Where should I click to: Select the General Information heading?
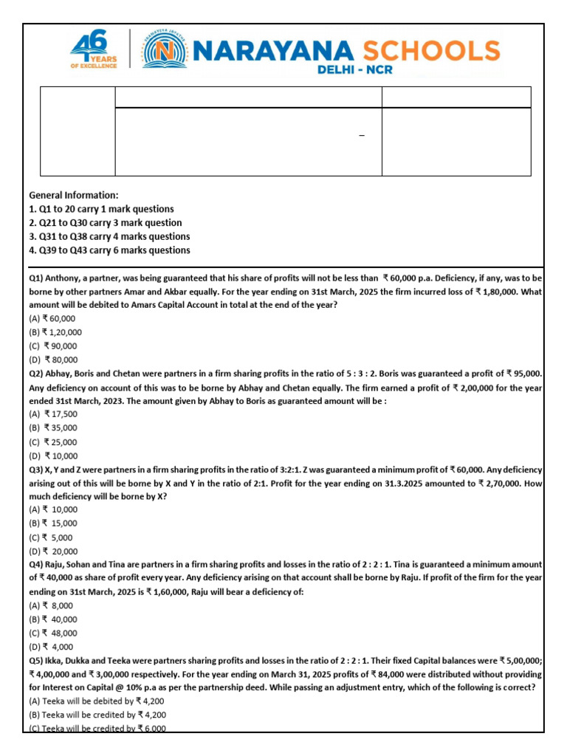pyautogui.click(x=73, y=195)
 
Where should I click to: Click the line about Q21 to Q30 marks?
pyautogui.click(x=105, y=223)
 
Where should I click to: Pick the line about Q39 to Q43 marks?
pyautogui.click(x=109, y=250)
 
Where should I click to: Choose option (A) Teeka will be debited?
pyautogui.click(x=97, y=701)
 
